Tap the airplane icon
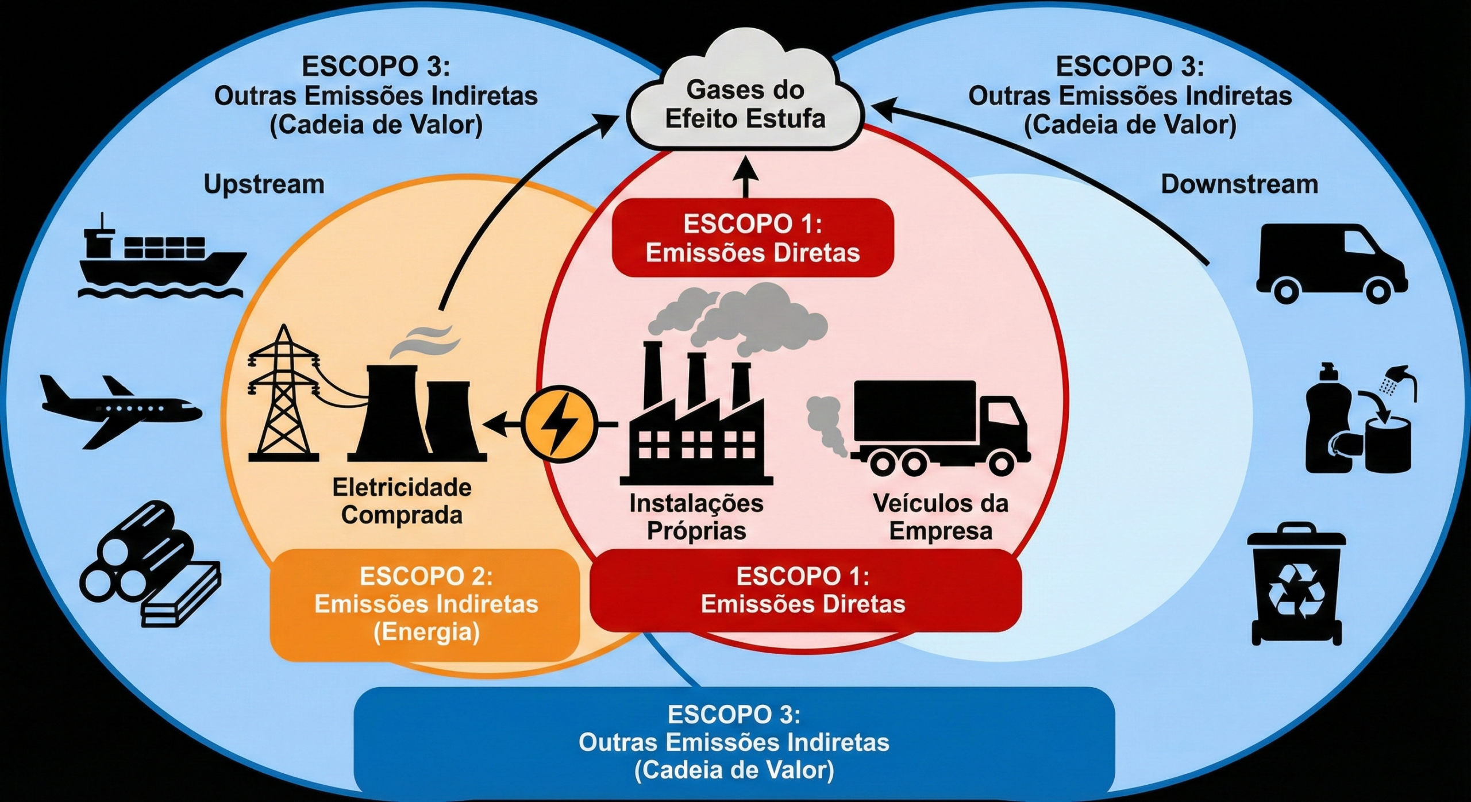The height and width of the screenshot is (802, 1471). pos(121,411)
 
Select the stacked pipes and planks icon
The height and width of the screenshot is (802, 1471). pos(149,566)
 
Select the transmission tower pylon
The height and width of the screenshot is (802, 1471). pos(283,396)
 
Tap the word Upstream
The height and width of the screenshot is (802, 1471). pos(264,184)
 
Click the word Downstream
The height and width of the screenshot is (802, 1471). pos(1239,184)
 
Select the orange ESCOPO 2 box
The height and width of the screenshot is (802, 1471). pos(425,604)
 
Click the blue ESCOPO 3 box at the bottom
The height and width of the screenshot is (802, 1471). pos(734,742)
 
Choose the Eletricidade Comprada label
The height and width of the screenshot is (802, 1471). pos(402,501)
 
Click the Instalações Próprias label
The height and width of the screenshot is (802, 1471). pos(696,517)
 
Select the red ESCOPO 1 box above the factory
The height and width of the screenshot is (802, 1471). pos(753,238)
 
